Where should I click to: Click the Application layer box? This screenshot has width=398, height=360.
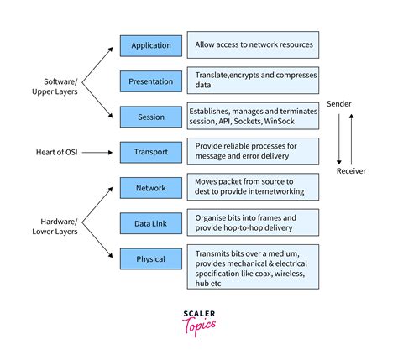pos(150,45)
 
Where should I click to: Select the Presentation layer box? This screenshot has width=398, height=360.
pos(150,81)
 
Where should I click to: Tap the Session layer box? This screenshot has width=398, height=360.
pos(150,117)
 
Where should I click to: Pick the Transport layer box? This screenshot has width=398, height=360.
pos(150,153)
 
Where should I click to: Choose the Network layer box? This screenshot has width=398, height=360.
pos(150,188)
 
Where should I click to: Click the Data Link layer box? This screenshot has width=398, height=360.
pos(150,223)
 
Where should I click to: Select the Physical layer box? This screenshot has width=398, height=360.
pos(150,259)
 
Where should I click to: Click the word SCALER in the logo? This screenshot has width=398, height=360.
pos(199,314)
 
